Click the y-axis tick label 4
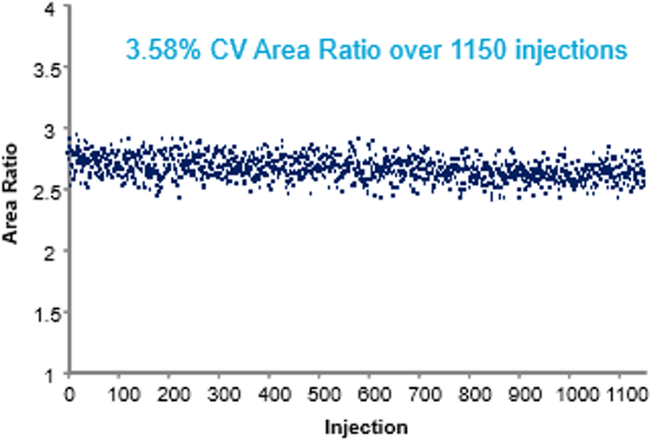click(51, 9)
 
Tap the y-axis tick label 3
click(51, 129)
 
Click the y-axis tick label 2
click(51, 252)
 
